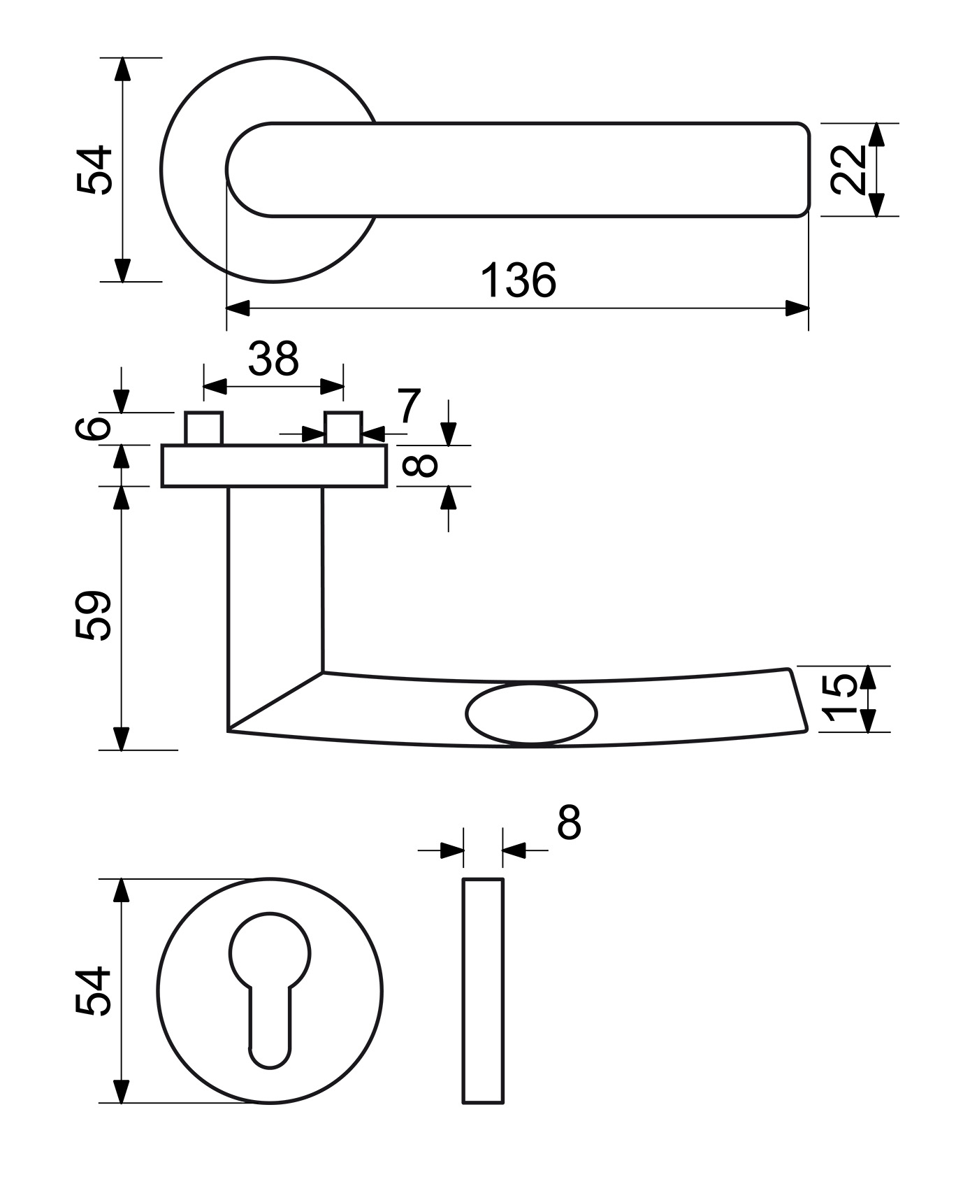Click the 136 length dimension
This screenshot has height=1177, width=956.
(519, 280)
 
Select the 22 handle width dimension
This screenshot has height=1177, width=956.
(848, 169)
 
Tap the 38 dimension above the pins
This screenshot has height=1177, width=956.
(273, 359)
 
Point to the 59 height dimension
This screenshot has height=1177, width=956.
(94, 615)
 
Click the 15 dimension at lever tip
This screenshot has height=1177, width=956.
(839, 698)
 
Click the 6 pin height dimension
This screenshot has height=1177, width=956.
(94, 427)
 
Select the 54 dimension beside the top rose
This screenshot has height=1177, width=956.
(94, 170)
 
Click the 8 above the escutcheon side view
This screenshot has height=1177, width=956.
(569, 822)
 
